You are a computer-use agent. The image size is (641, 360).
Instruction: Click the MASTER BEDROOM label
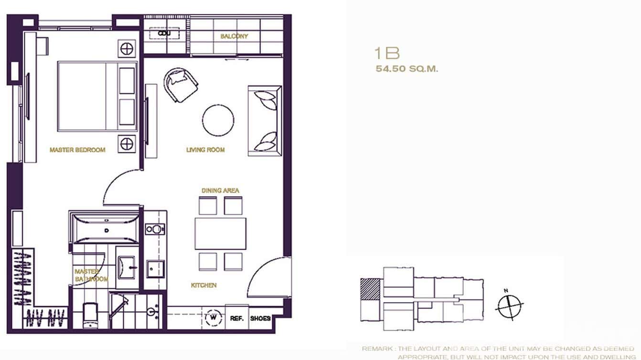click(77, 150)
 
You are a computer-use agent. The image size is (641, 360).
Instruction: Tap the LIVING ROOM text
click(205, 150)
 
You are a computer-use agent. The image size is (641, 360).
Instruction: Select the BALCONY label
click(234, 36)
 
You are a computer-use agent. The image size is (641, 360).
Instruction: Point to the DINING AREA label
click(220, 191)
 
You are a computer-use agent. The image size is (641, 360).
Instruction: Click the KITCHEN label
click(204, 286)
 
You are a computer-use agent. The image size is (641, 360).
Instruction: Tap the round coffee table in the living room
click(218, 120)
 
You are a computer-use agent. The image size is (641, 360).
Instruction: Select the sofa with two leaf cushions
click(264, 121)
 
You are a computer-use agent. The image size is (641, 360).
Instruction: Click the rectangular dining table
click(220, 233)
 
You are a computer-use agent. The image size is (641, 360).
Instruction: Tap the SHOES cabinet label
click(260, 318)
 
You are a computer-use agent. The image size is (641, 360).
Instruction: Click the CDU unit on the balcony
click(164, 33)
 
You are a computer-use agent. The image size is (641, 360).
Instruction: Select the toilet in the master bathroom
click(90, 315)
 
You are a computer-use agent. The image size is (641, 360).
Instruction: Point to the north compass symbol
click(509, 304)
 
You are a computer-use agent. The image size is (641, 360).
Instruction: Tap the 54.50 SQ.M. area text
click(407, 69)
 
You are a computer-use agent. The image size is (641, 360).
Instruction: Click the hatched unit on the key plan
click(370, 289)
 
